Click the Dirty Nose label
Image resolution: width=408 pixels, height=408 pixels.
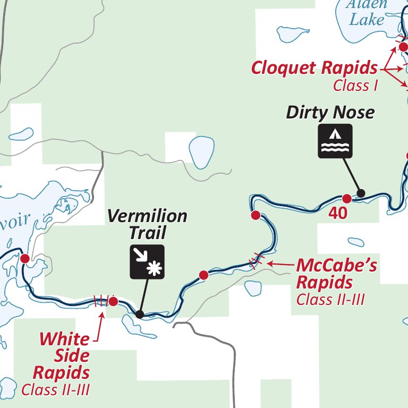[x=330, y=113]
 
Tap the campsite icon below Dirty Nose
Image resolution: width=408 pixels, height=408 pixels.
[x=335, y=141]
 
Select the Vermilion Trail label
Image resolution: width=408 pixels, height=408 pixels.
[x=147, y=224]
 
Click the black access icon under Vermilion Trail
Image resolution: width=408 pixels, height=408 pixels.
[x=148, y=262]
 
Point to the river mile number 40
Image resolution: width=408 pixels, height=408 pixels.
[x=337, y=213]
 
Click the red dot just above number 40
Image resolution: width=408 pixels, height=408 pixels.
[x=346, y=199]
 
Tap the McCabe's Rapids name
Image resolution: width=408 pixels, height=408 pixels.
[x=336, y=273]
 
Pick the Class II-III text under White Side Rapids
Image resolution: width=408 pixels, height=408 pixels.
[x=55, y=390]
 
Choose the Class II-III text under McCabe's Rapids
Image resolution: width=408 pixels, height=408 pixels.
[x=330, y=299]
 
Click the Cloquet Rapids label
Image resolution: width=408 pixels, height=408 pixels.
[x=314, y=68]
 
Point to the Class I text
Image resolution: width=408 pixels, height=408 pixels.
[x=355, y=86]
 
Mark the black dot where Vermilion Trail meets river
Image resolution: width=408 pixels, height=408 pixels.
[x=140, y=314]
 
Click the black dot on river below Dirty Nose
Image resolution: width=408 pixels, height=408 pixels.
[x=361, y=193]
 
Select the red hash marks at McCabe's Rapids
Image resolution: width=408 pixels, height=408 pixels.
[x=256, y=260]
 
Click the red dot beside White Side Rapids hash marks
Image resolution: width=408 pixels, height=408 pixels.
[x=113, y=302]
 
